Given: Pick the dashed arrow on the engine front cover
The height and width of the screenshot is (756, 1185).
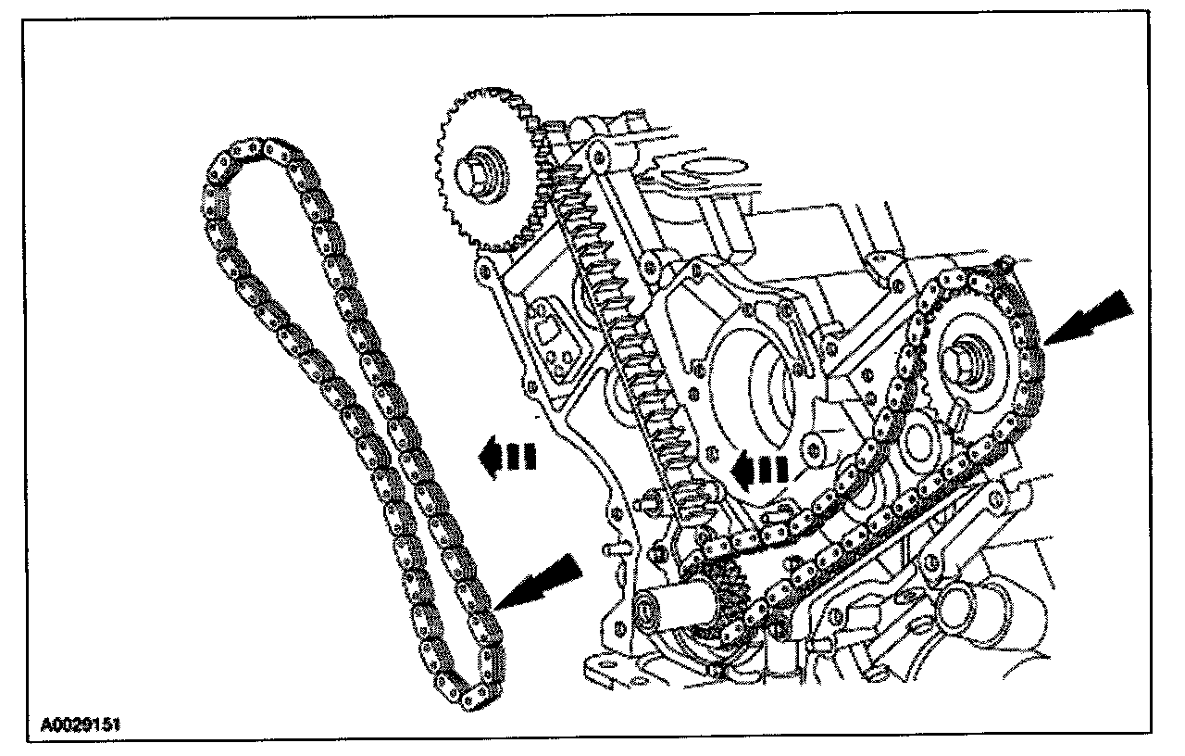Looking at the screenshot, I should pyautogui.click(x=758, y=469).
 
